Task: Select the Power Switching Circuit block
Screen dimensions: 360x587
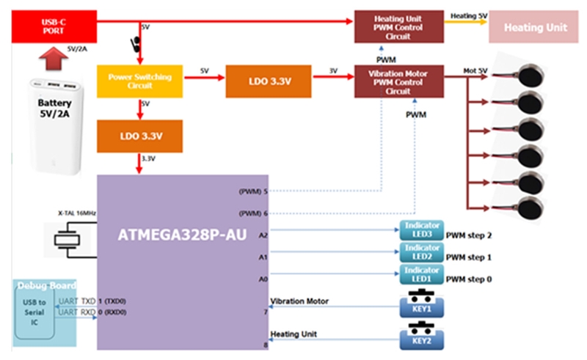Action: tap(139, 81)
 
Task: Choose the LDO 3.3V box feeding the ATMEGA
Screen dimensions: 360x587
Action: tap(139, 136)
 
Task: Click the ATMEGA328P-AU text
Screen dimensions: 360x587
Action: tap(181, 237)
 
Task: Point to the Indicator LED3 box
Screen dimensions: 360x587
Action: tap(420, 230)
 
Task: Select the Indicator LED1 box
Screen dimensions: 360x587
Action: tap(420, 275)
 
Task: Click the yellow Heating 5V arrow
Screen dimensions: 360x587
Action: tap(464, 23)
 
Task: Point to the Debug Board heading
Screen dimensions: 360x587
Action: tap(45, 285)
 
